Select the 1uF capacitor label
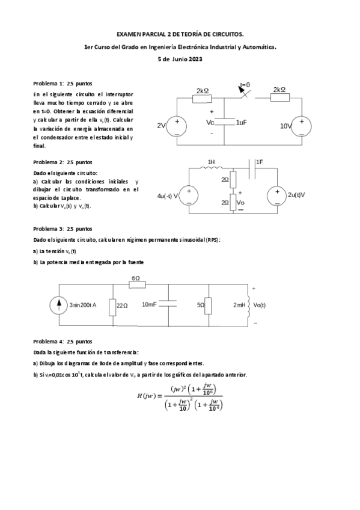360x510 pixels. click(241, 122)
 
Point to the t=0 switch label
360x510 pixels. click(245, 85)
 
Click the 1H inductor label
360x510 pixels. click(211, 162)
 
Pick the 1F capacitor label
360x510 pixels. click(260, 162)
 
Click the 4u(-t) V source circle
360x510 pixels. click(189, 195)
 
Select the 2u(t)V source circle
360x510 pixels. click(276, 195)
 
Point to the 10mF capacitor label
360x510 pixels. click(149, 305)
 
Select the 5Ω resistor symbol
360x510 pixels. click(208, 306)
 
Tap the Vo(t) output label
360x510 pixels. click(260, 305)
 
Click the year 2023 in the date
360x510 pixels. click(195, 59)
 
